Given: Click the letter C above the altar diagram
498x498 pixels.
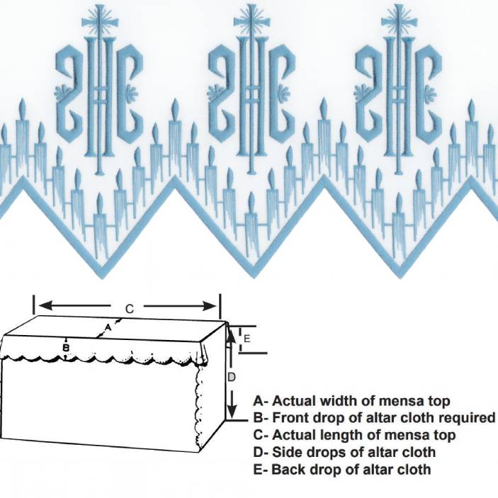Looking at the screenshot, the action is tap(129, 309).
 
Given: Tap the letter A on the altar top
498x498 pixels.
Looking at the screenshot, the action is tap(108, 327).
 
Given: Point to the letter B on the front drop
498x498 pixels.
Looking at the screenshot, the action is tap(66, 347).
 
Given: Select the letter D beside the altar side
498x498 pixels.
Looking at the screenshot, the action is tap(232, 378).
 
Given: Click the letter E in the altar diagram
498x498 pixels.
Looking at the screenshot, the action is tap(247, 339).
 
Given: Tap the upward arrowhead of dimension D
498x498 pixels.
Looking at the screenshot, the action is tap(232, 336).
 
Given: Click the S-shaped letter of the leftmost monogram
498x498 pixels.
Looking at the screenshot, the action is tap(71, 93).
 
